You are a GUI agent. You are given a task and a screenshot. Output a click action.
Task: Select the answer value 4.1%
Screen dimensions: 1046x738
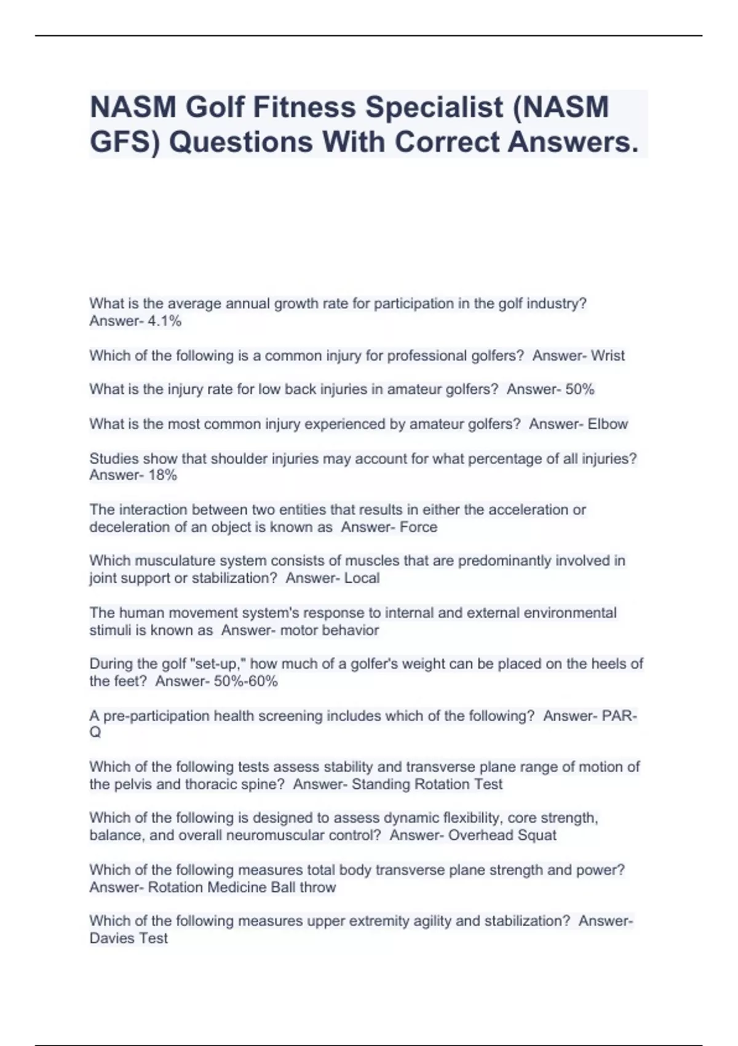click(165, 321)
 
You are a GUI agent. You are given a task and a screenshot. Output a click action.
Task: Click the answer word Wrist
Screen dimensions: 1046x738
click(608, 356)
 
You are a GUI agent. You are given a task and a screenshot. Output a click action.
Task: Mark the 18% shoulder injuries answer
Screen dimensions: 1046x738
click(162, 475)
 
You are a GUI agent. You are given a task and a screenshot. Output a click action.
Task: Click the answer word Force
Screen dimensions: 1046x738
click(418, 527)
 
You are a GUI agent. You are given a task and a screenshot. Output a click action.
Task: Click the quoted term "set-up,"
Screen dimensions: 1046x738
click(219, 664)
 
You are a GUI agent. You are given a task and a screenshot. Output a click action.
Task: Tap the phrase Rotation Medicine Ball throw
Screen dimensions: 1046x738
click(242, 887)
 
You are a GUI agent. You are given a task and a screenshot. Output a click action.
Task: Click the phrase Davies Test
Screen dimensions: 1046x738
click(129, 938)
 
